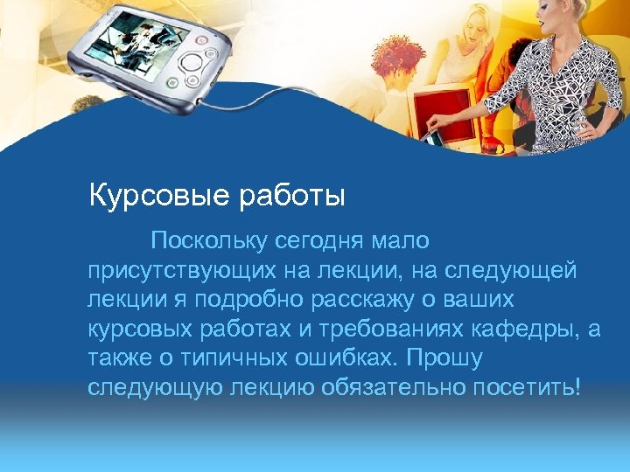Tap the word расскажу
click(x=373, y=300)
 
